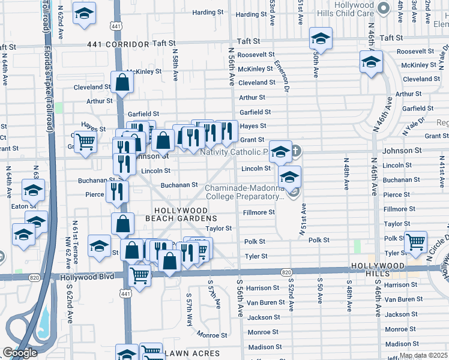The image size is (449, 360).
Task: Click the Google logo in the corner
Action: tap(20, 353)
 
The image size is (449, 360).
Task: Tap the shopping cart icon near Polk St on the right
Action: tap(415, 242)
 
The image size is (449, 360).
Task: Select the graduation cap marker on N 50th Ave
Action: tap(321, 39)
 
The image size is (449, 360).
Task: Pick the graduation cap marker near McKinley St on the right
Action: tap(371, 62)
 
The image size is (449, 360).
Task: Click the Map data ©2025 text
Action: tap(423, 355)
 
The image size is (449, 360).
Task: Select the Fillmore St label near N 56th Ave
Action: tap(259, 212)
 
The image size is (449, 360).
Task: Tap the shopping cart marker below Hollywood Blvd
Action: tap(139, 277)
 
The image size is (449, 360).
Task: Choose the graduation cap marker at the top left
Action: tap(84, 13)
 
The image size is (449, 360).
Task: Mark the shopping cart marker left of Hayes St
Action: tap(86, 142)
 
